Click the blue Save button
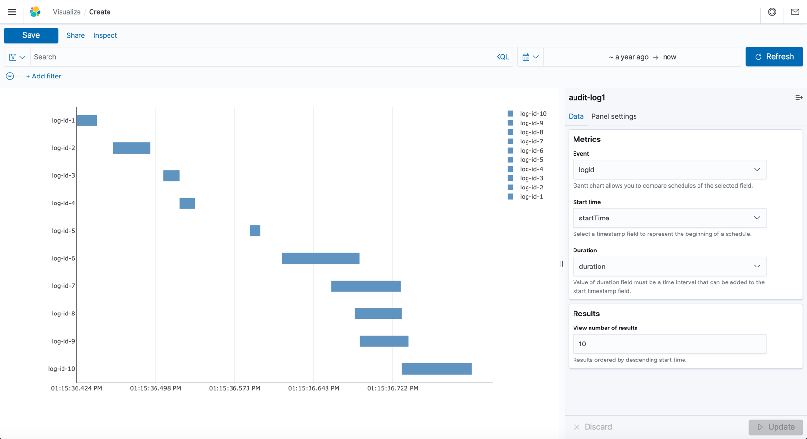pos(31,35)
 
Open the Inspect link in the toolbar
pos(105,35)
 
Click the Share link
pos(76,35)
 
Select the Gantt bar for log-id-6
pos(321,258)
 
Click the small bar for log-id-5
pos(255,231)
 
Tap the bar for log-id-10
pos(436,369)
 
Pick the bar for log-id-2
pos(131,148)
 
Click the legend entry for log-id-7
pos(531,141)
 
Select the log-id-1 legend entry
pos(531,197)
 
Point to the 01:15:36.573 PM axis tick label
pos(234,388)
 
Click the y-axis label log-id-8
pos(63,314)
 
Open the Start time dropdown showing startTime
pos(669,218)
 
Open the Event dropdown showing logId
pos(669,170)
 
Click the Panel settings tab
pos(614,116)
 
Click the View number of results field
pos(669,344)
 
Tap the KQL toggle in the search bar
pos(502,57)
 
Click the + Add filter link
pos(44,76)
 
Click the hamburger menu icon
pos(12,12)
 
